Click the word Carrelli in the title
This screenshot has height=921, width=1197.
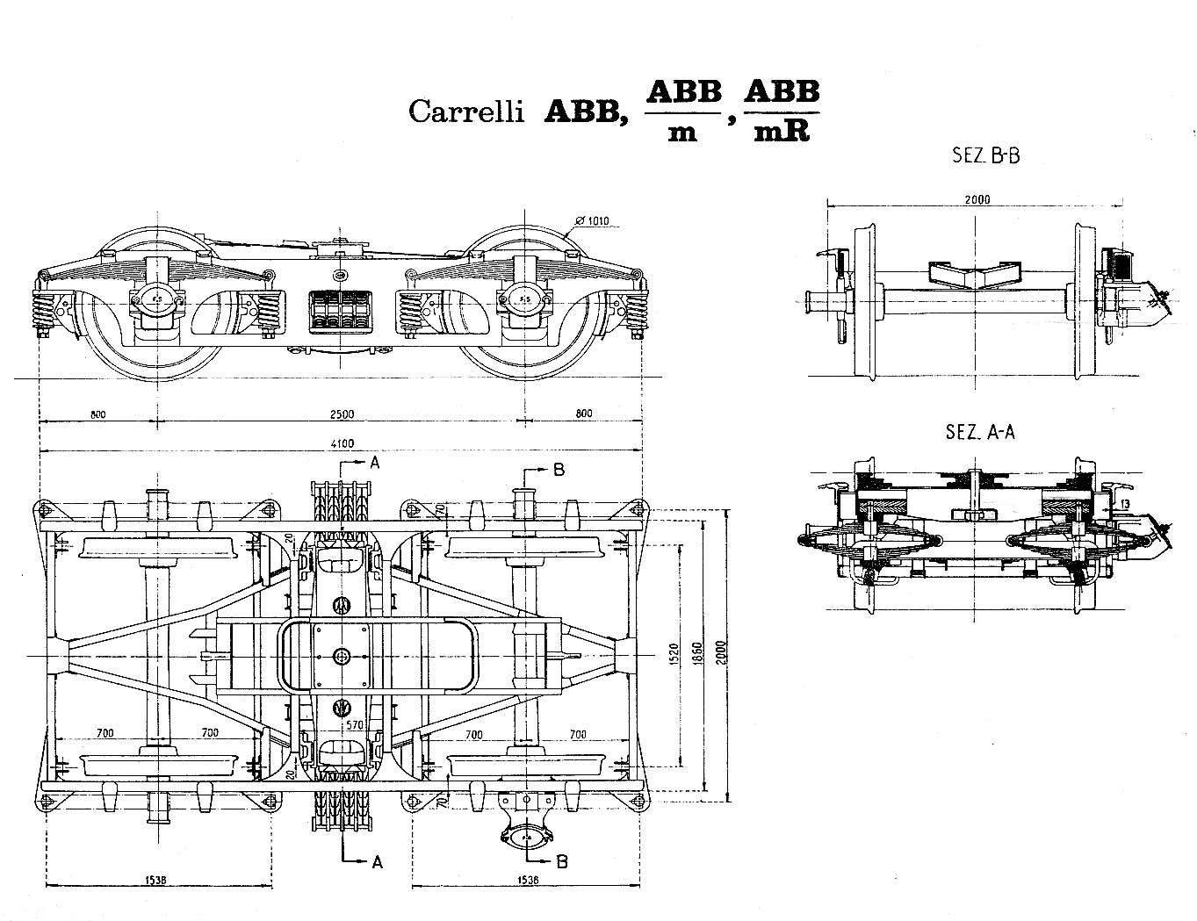tap(465, 112)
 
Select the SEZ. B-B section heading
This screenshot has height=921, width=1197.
tap(985, 156)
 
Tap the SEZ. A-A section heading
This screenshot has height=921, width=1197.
tap(980, 432)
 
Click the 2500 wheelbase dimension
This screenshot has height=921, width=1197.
tap(342, 414)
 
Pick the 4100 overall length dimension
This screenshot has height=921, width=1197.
tap(342, 444)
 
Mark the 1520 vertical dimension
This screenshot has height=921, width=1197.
tap(674, 654)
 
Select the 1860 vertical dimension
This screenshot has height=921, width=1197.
tap(697, 654)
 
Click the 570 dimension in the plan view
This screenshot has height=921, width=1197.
tap(354, 725)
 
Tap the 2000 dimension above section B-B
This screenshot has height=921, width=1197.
tap(977, 199)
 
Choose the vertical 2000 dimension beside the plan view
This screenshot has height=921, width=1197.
tap(721, 651)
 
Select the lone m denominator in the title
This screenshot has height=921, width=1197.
tap(682, 134)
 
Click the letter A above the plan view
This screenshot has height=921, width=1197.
tap(375, 462)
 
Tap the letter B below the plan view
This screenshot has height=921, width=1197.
tap(562, 861)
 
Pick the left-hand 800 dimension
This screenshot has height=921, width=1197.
tap(97, 414)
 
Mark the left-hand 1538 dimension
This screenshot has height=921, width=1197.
tap(156, 880)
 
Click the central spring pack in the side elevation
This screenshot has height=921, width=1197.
tap(338, 311)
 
